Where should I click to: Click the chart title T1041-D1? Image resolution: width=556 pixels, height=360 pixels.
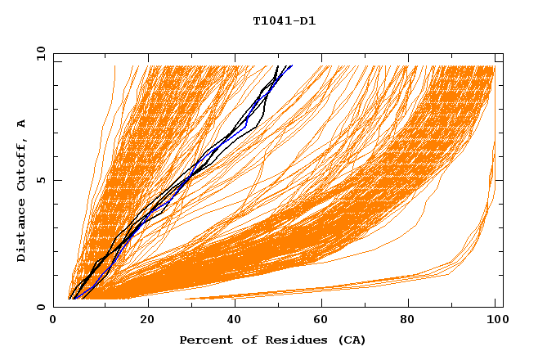click(284, 20)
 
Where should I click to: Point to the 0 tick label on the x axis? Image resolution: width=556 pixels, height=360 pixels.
click(54, 320)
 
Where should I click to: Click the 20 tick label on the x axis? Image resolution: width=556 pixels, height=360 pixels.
click(147, 320)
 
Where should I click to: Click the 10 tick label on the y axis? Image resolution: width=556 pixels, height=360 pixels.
click(40, 53)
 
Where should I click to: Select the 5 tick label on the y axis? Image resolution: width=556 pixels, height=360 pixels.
click(43, 180)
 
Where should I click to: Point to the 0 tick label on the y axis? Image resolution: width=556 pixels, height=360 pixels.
click(43, 307)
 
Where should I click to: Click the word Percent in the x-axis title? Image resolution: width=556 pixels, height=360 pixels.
click(203, 340)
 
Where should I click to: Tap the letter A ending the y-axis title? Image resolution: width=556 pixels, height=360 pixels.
click(22, 124)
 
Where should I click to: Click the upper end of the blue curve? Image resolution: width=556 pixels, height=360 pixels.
click(291, 65)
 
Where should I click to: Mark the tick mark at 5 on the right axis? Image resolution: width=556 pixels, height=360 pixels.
click(500, 180)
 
